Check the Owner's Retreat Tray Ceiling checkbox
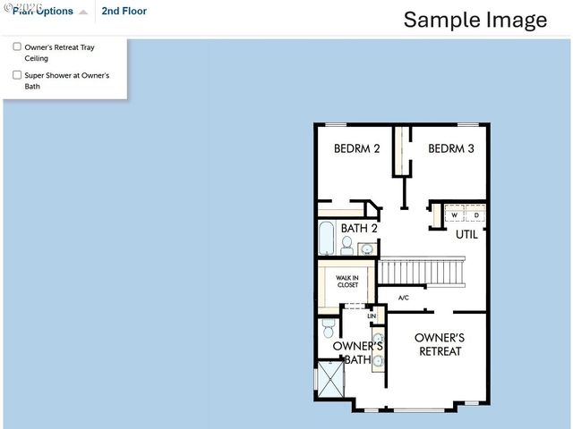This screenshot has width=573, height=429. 17,46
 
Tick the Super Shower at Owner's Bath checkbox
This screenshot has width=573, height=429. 17,76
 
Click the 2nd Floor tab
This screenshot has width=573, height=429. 124,12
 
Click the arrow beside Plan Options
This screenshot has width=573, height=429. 83,13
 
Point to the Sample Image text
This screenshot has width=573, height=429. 475,20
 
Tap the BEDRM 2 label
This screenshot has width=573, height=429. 357,148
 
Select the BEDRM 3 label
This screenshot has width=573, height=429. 450,148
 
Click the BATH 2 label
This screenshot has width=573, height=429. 359,229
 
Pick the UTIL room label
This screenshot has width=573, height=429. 466,235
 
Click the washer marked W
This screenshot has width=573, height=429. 454,215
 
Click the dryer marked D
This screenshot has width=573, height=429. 476,215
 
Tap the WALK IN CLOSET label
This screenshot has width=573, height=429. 347,282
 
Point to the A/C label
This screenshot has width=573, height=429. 403,298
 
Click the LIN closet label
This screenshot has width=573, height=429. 372,316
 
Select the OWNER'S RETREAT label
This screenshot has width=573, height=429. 440,344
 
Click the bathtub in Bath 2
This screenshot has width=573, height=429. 326,239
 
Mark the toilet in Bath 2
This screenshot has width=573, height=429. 346,245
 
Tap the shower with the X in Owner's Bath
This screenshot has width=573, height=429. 330,379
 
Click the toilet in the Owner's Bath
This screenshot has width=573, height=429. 329,327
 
